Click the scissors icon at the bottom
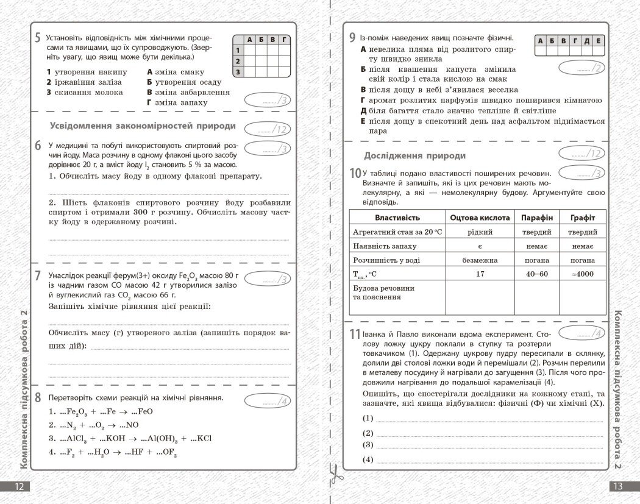[x=334, y=472]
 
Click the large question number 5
[x=38, y=38]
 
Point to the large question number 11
[x=355, y=335]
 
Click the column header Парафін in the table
[x=536, y=218]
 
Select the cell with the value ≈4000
[x=582, y=274]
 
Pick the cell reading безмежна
[x=480, y=260]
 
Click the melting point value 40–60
[x=536, y=274]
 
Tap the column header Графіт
[x=582, y=218]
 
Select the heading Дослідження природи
[x=414, y=155]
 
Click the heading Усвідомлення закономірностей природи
[x=141, y=126]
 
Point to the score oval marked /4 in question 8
[x=267, y=401]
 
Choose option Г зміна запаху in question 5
[x=177, y=102]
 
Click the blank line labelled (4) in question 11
[x=488, y=460]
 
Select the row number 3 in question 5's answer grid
[x=238, y=72]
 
